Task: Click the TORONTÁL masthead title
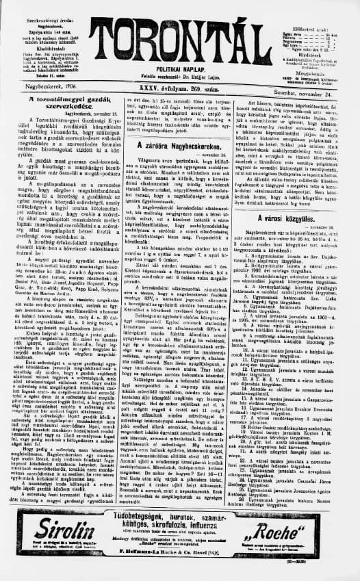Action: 180,30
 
